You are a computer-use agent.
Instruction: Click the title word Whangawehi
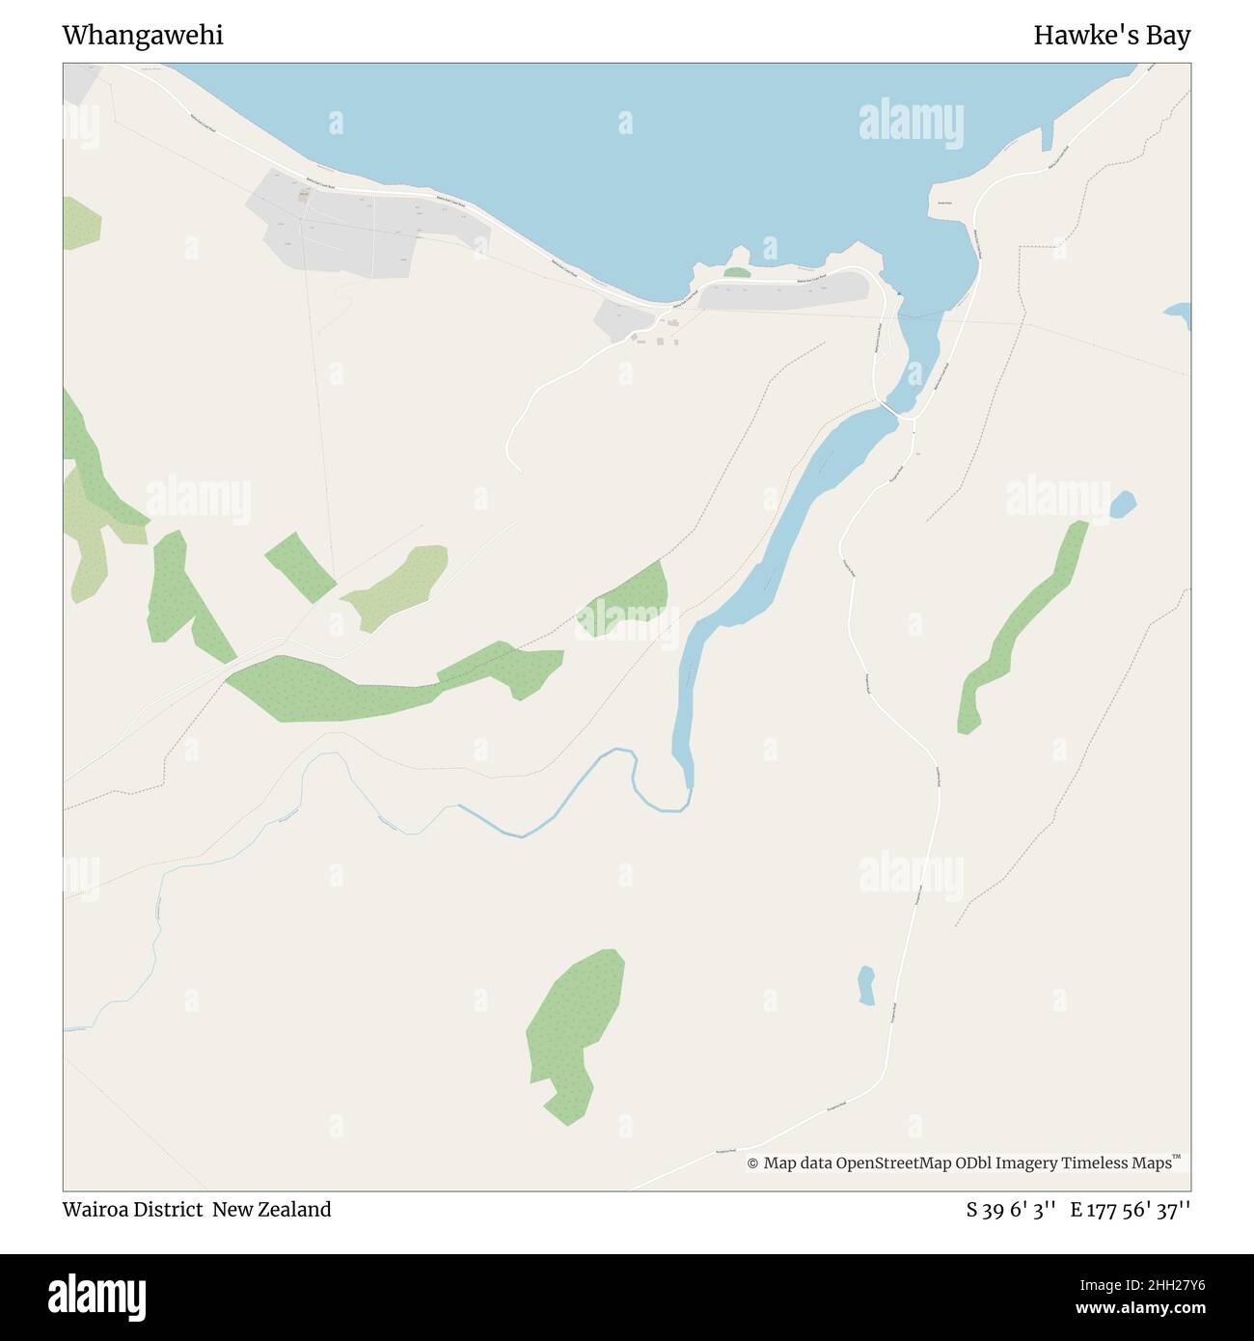(x=143, y=36)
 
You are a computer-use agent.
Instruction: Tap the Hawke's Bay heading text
(x=1111, y=36)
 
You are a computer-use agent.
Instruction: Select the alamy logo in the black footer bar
(x=98, y=1296)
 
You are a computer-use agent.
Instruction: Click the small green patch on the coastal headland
(x=736, y=273)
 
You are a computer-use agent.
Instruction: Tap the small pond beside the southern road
(x=866, y=985)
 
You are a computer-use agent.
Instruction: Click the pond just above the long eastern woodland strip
(x=1123, y=503)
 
